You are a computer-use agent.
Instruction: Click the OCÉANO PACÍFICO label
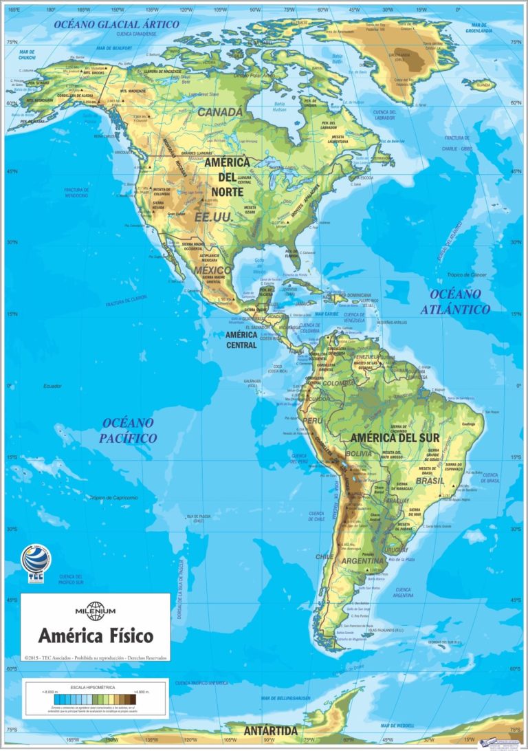128,430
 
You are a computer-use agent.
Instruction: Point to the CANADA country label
220,111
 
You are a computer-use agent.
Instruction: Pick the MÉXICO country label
212,270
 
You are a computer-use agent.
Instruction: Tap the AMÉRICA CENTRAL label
241,340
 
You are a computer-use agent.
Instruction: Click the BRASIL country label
429,481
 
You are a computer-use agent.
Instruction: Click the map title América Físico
96,634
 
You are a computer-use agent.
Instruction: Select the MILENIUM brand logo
96,610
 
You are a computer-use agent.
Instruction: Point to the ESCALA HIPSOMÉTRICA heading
96,686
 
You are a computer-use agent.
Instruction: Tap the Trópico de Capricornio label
113,497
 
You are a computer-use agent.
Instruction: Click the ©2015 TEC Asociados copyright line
96,657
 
